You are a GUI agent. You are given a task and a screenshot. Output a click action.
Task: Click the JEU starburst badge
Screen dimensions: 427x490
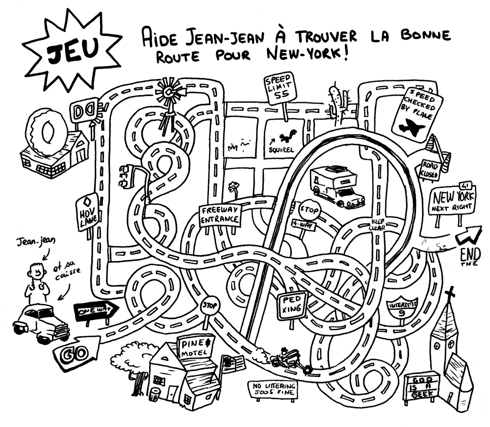(74, 49)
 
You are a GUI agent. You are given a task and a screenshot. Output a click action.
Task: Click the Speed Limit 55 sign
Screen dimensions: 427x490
(280, 89)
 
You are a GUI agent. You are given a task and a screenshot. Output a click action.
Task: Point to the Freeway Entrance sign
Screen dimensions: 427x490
(220, 215)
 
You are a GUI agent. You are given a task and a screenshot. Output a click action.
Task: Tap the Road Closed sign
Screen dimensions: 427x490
(430, 169)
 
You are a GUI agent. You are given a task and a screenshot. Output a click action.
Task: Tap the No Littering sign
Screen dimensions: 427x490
(274, 389)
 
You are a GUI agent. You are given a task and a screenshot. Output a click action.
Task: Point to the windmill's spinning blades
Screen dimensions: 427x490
(169, 91)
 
